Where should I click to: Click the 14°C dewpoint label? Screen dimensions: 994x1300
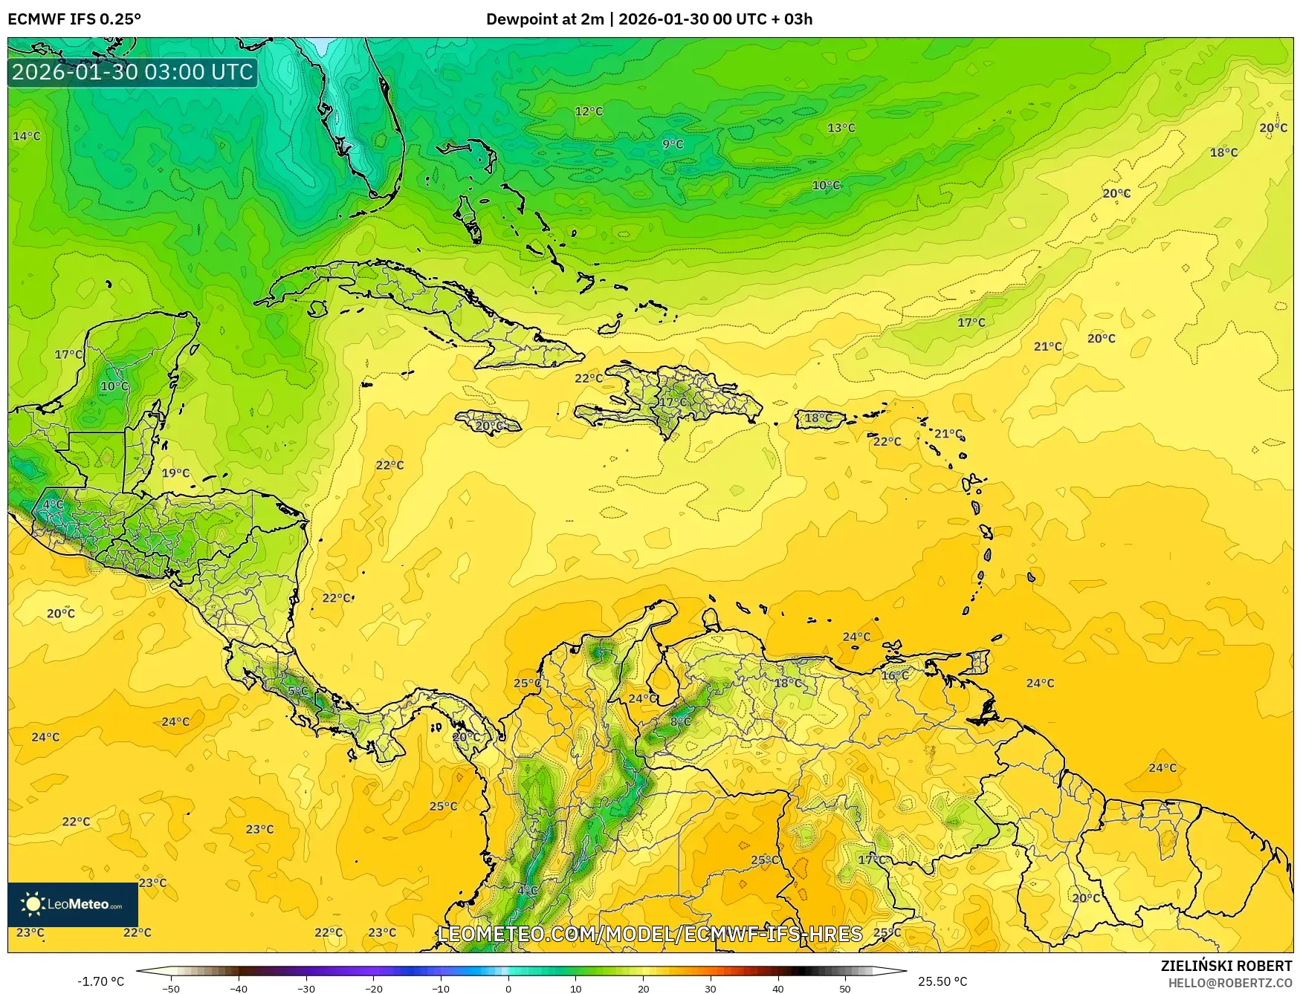click(27, 136)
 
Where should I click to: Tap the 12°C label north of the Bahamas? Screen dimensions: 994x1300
click(589, 111)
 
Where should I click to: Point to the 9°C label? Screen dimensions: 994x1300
click(673, 144)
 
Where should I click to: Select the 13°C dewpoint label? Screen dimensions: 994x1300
click(841, 128)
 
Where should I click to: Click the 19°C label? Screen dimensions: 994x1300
click(175, 472)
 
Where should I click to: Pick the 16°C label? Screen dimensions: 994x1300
click(895, 675)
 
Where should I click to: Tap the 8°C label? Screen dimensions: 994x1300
click(681, 721)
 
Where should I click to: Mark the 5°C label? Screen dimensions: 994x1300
click(297, 691)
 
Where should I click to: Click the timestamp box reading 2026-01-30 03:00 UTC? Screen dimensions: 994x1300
click(132, 72)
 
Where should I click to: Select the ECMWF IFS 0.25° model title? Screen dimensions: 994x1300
click(74, 19)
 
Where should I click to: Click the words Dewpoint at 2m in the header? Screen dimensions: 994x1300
click(545, 19)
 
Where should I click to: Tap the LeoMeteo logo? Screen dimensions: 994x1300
click(73, 904)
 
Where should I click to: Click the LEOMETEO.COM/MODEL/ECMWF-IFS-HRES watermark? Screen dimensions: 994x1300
click(650, 934)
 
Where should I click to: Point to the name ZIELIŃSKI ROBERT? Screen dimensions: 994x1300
click(1226, 966)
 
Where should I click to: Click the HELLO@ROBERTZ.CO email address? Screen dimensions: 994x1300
click(1229, 983)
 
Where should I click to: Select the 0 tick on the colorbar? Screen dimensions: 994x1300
click(508, 989)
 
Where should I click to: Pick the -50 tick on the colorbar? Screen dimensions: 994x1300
click(170, 989)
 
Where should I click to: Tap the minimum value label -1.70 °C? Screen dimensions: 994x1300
click(101, 982)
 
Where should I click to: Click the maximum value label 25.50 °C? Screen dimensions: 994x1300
click(942, 982)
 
